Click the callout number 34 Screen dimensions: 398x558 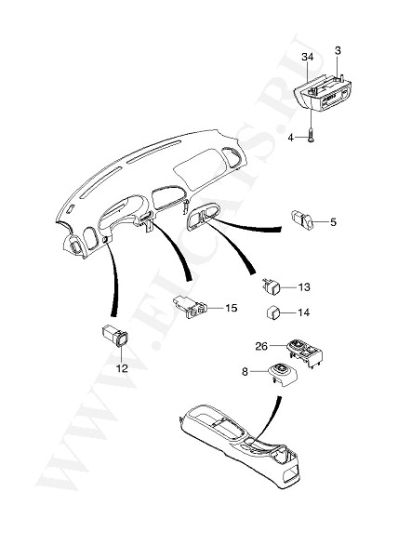coord(308,57)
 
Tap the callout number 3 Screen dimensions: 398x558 coord(338,50)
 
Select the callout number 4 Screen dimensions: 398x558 coord(290,138)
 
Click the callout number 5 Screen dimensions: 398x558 coord(333,222)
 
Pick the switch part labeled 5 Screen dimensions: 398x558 coord(302,219)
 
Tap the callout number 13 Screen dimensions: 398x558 coord(304,286)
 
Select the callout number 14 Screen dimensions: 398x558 coord(304,312)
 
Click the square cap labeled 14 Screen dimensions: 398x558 coord(273,312)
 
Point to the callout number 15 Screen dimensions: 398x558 coord(231,308)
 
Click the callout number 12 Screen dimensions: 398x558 coord(122,368)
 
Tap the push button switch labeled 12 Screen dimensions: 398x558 coord(114,336)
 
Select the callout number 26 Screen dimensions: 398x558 coord(261,346)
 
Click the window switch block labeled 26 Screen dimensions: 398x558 coord(304,353)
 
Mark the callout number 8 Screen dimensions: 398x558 coord(245,372)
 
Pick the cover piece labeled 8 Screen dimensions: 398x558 coord(283,375)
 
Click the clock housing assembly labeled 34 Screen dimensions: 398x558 coord(322,93)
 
